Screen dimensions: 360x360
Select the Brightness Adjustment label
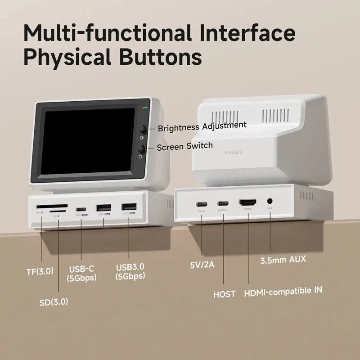pyautogui.click(x=202, y=126)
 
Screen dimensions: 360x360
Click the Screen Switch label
pyautogui.click(x=185, y=146)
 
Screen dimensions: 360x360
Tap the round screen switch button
pyautogui.click(x=142, y=149)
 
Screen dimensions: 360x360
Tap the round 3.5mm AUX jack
pyautogui.click(x=270, y=202)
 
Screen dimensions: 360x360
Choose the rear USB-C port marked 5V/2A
pyautogui.click(x=201, y=203)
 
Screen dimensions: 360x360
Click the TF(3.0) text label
pyautogui.click(x=40, y=271)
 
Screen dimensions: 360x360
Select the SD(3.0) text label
pyautogui.click(x=54, y=301)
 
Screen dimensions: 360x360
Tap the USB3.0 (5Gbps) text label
pyautogui.click(x=130, y=271)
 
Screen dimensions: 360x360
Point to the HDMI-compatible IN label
pyautogui.click(x=283, y=291)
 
